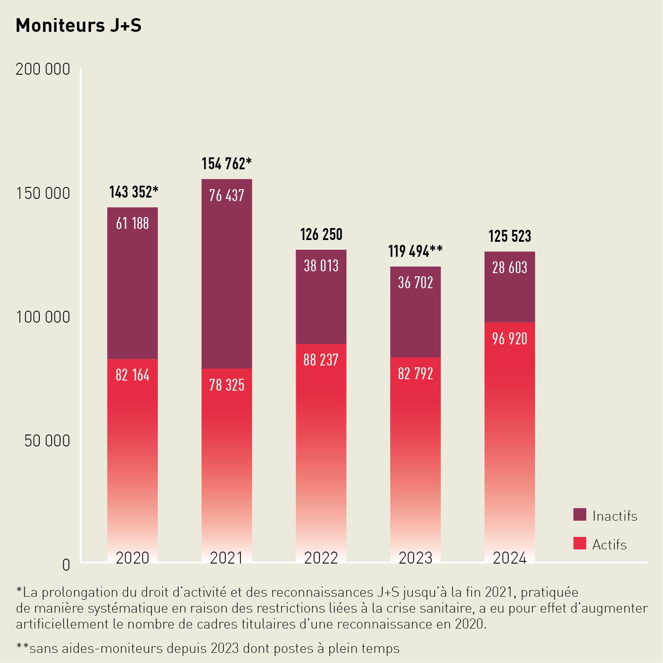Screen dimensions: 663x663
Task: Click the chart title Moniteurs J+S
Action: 79,26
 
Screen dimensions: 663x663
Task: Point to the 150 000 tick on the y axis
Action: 43,194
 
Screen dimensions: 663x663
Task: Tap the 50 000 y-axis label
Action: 47,441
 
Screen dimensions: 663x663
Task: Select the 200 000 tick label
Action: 43,69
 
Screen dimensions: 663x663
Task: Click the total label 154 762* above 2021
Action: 226,164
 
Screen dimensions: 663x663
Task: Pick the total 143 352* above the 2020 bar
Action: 133,192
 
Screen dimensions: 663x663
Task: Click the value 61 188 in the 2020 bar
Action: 133,224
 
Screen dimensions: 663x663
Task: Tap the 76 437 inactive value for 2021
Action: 227,195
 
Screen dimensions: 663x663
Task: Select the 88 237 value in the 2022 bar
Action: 321,360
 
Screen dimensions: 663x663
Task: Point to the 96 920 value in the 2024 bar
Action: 510,339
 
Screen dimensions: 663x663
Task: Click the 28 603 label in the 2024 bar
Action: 510,268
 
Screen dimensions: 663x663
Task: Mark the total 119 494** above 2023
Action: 415,251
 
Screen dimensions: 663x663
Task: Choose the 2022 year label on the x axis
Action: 321,558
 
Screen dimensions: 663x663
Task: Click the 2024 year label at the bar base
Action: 510,558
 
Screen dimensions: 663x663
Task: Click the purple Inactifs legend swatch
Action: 579,515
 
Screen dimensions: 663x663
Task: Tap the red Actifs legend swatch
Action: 579,544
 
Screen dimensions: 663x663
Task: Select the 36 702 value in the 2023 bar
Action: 415,283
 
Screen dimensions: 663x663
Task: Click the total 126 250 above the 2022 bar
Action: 321,235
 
